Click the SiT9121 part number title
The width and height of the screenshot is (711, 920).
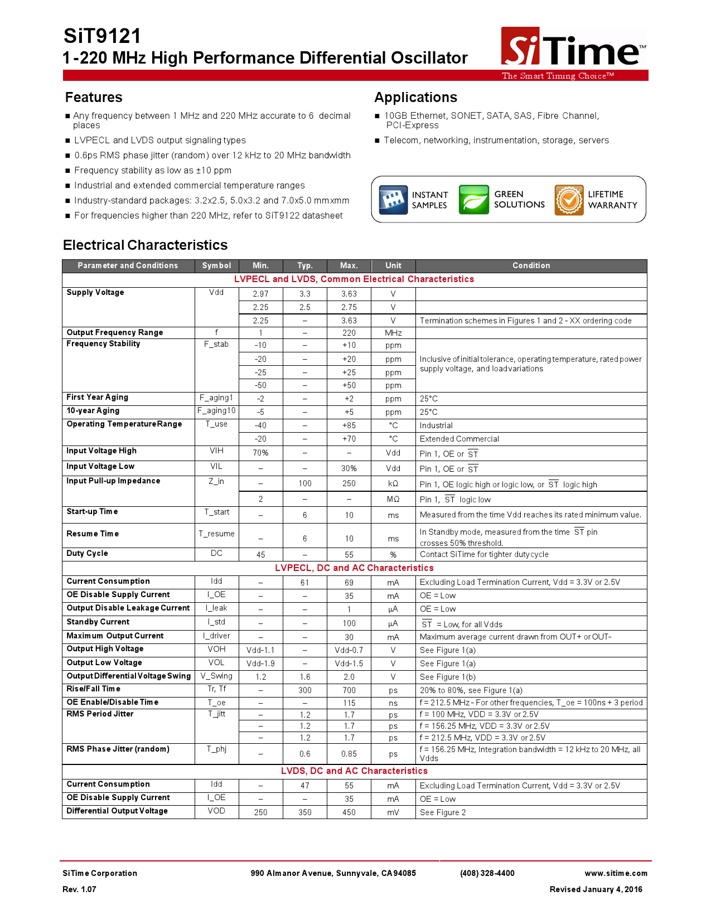[x=103, y=36]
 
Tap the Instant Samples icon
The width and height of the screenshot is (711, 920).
[x=393, y=200]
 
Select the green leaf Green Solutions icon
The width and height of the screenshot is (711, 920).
[x=473, y=200]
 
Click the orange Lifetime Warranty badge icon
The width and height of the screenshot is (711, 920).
[x=569, y=200]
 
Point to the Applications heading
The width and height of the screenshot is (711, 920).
[x=415, y=98]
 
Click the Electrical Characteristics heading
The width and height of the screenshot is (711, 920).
[x=145, y=245]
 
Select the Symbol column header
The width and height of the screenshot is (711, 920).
[x=216, y=266]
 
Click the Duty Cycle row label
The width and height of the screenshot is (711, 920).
[x=88, y=553]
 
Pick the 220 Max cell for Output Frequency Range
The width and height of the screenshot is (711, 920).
[x=349, y=333]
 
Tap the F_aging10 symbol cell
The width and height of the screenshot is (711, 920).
[x=216, y=411]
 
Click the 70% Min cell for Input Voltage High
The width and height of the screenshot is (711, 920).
[x=260, y=453]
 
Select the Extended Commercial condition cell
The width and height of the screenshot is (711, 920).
[x=459, y=439]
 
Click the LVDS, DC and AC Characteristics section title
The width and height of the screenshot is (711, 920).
[x=354, y=771]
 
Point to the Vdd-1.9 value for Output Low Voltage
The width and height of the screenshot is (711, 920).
[x=260, y=664]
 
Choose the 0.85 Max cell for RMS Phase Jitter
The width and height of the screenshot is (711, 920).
[x=349, y=754]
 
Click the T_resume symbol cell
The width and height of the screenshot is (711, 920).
[x=216, y=534]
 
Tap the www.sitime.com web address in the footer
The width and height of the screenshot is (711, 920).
[x=616, y=873]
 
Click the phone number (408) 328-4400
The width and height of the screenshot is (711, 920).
[x=487, y=873]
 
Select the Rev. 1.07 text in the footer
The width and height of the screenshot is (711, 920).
[x=79, y=889]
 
